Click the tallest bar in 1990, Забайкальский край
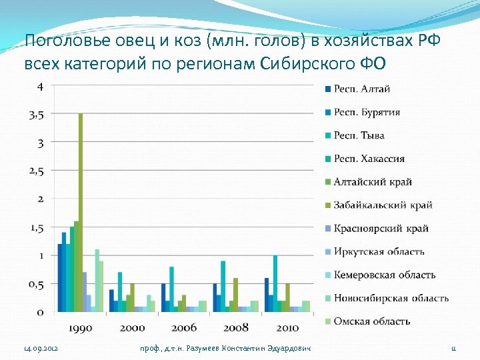tap(81, 212)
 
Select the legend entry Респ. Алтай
tap(362, 89)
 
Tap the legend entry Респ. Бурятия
tap(367, 112)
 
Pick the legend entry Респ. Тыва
tap(359, 135)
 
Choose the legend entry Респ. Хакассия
tap(369, 159)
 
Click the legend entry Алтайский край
tap(373, 182)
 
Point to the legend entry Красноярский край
tap(381, 228)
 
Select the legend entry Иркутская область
tap(379, 251)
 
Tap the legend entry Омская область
tap(371, 321)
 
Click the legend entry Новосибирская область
tap(391, 298)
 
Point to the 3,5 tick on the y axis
tap(37, 115)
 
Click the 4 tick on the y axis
tap(41, 87)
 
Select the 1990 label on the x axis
tap(81, 327)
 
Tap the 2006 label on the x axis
tap(183, 327)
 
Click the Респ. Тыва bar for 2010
tap(275, 283)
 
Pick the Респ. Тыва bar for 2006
tap(172, 289)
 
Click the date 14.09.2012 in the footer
tap(41, 349)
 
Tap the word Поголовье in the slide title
tap(59, 42)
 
